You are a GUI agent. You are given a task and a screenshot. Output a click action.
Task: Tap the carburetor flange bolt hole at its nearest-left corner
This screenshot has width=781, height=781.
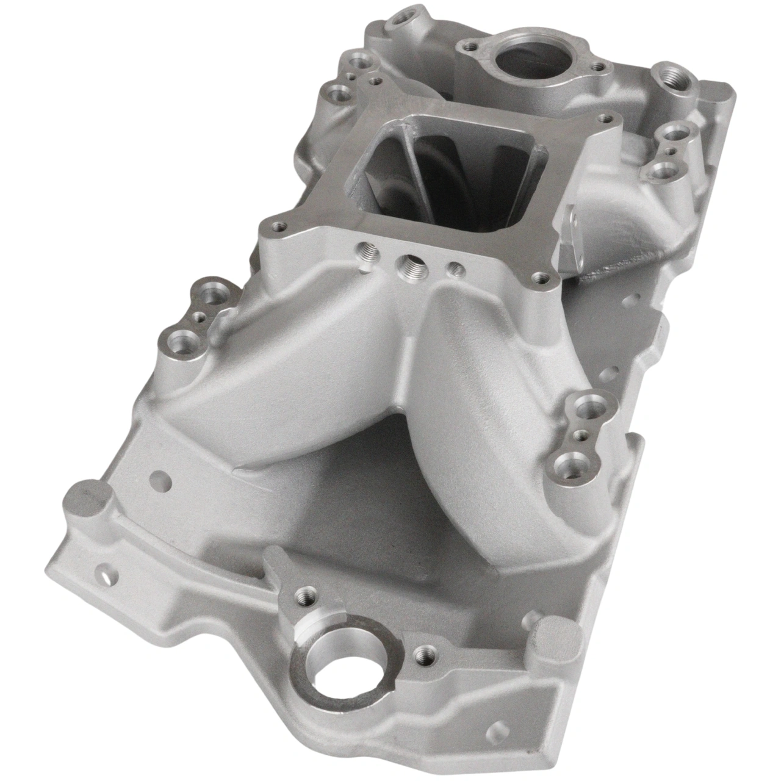coord(279,226)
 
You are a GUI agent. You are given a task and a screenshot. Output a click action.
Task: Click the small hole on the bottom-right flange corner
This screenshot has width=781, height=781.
coord(501,728)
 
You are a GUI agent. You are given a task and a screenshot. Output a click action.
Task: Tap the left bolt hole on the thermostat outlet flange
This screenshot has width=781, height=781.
coord(469,45)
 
